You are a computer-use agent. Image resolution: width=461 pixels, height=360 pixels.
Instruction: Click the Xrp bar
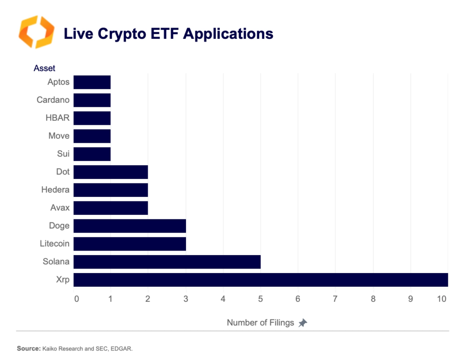(x=260, y=280)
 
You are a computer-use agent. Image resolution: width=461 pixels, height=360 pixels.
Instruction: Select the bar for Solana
(x=167, y=262)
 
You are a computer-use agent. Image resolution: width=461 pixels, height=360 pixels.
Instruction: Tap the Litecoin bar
(x=130, y=244)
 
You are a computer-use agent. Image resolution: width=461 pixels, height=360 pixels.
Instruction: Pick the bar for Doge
(x=130, y=226)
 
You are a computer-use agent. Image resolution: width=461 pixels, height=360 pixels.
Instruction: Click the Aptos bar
(x=92, y=82)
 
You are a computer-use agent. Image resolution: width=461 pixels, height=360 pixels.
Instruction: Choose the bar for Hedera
(x=111, y=190)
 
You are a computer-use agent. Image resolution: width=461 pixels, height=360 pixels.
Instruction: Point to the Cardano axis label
(x=53, y=100)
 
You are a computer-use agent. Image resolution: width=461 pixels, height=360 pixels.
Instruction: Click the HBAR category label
(x=58, y=118)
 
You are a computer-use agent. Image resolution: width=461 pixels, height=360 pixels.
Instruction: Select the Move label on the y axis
(x=59, y=136)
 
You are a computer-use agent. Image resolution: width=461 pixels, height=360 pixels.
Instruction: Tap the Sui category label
(x=63, y=154)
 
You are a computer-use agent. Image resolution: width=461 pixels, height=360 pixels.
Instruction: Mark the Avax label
(x=60, y=208)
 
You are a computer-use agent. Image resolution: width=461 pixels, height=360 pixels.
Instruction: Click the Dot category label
(x=63, y=172)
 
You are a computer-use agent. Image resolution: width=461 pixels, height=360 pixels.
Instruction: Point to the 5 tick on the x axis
(x=260, y=298)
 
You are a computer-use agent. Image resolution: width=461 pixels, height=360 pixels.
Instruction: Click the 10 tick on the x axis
(x=442, y=298)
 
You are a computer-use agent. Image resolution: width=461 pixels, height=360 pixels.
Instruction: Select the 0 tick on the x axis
(x=76, y=298)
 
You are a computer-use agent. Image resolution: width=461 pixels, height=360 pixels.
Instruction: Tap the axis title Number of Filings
(x=260, y=323)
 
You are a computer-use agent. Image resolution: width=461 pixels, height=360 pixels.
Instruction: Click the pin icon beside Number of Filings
(x=303, y=323)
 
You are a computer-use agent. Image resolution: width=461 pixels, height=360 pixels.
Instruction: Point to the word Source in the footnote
(x=28, y=348)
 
